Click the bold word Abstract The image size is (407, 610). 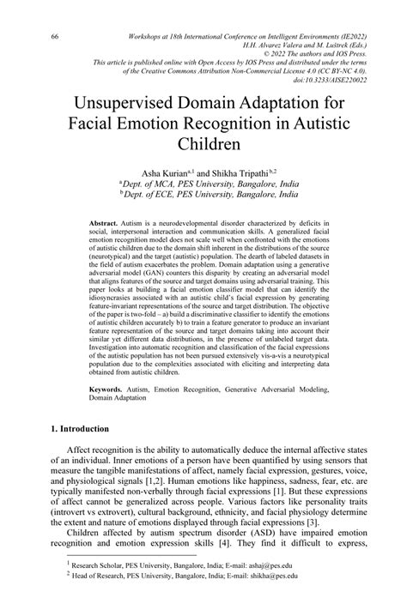[105, 222]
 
